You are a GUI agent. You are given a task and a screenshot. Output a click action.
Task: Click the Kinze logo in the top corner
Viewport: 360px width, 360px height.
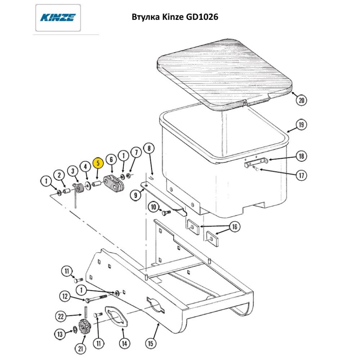[58, 17]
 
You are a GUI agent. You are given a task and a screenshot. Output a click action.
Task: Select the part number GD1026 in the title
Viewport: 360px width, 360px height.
[202, 17]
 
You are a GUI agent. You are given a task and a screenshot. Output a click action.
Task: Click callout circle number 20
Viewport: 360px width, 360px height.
[302, 100]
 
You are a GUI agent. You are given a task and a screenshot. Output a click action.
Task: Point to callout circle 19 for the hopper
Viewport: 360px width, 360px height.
[302, 125]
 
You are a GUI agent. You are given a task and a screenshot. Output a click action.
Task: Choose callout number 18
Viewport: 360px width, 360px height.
[302, 157]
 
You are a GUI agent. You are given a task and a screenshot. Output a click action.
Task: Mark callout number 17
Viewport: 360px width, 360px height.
[302, 176]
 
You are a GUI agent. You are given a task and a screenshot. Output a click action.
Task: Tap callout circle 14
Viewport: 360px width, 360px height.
[124, 343]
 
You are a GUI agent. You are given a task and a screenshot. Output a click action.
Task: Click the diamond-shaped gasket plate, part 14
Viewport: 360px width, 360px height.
[115, 317]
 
